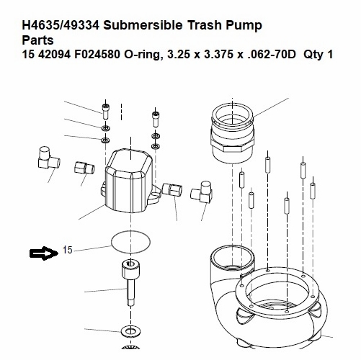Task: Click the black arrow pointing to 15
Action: coord(43,252)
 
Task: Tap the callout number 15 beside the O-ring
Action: coord(68,251)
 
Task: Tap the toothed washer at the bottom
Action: coord(132,333)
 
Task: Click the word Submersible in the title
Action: coord(141,26)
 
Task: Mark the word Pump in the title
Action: coord(244,26)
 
